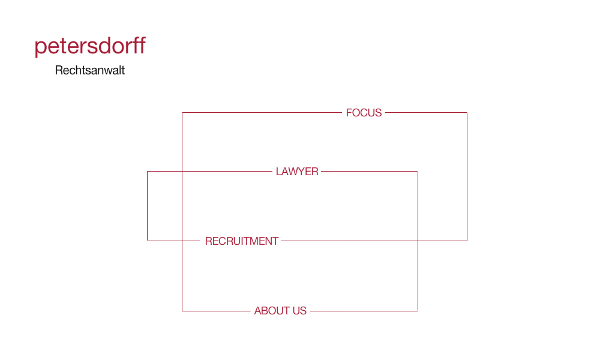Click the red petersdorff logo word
[90, 46]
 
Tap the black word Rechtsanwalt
[90, 70]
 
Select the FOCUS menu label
[364, 113]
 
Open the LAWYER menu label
[297, 172]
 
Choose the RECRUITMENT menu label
[241, 241]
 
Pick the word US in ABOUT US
[299, 311]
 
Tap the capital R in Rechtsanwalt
[59, 70]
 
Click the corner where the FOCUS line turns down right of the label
[467, 112]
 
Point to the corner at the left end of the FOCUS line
[182, 112]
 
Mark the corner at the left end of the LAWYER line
[148, 172]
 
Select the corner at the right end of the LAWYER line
[418, 172]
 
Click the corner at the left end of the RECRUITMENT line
[148, 241]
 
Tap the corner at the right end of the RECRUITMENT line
[467, 241]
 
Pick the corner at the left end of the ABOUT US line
[182, 311]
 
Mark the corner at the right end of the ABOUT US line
[418, 311]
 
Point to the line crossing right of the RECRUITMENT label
[418, 241]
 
